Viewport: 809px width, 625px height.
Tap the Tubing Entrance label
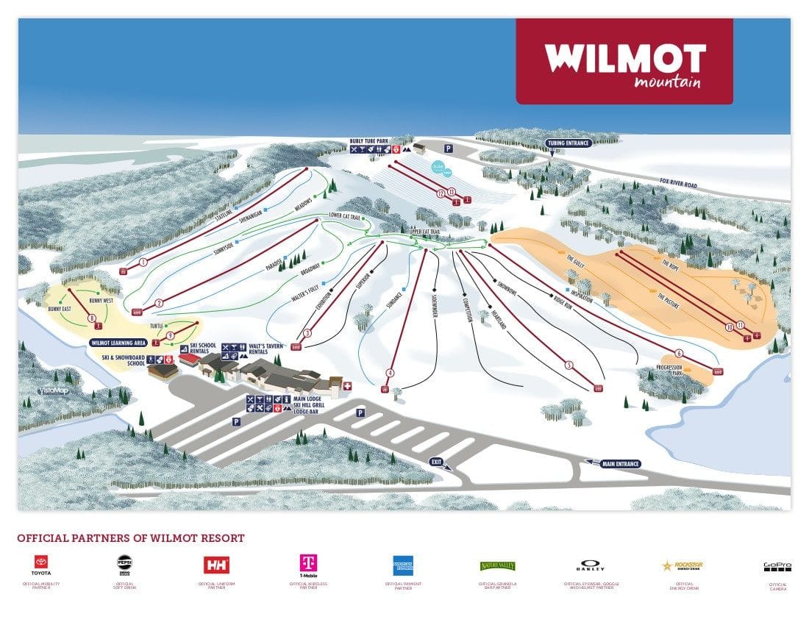pyautogui.click(x=568, y=143)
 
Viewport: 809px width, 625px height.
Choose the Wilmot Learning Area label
pyautogui.click(x=118, y=343)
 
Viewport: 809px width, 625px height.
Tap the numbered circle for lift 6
pyautogui.click(x=679, y=353)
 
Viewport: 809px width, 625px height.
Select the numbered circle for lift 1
pyautogui.click(x=143, y=262)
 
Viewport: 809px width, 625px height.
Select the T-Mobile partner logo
pyautogui.click(x=308, y=565)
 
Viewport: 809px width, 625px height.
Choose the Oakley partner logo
pyautogui.click(x=591, y=565)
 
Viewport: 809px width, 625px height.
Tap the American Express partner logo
pyautogui.click(x=403, y=565)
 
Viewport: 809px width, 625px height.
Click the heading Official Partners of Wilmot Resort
pyautogui.click(x=131, y=538)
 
